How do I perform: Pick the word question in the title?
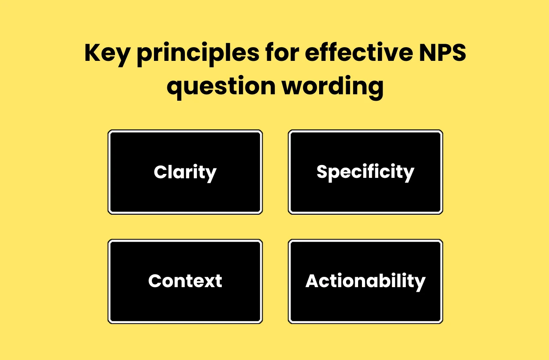(x=220, y=87)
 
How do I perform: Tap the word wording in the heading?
(x=332, y=87)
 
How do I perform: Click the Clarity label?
(x=185, y=172)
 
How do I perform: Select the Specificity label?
(x=365, y=172)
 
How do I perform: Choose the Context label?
(x=185, y=281)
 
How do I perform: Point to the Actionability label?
(x=365, y=281)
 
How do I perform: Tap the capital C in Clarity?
(x=160, y=172)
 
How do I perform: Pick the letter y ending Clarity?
(x=211, y=174)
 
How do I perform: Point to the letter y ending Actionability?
(x=420, y=283)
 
